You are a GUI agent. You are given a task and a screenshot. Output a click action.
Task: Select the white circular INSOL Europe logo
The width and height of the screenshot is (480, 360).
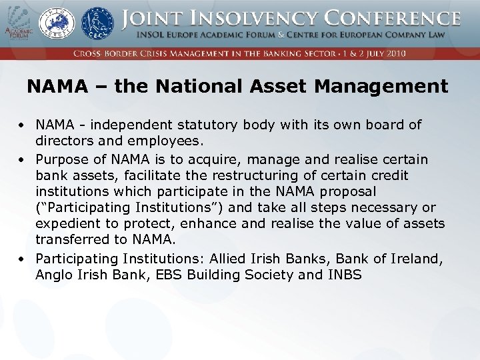coord(57,24)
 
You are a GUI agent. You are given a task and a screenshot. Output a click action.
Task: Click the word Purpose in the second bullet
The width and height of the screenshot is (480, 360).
coord(60,159)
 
